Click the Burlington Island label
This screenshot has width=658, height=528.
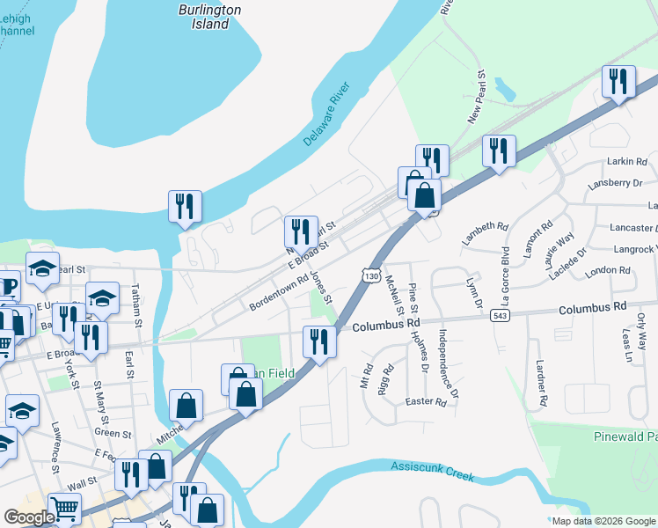210,17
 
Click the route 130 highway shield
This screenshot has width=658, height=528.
372,275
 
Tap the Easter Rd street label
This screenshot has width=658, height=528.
426,401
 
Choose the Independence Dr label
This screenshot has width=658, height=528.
448,363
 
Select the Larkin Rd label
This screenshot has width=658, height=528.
626,162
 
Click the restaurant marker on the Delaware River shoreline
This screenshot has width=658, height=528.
185,208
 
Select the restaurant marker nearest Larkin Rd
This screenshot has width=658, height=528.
618,83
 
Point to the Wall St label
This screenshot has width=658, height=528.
82,482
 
